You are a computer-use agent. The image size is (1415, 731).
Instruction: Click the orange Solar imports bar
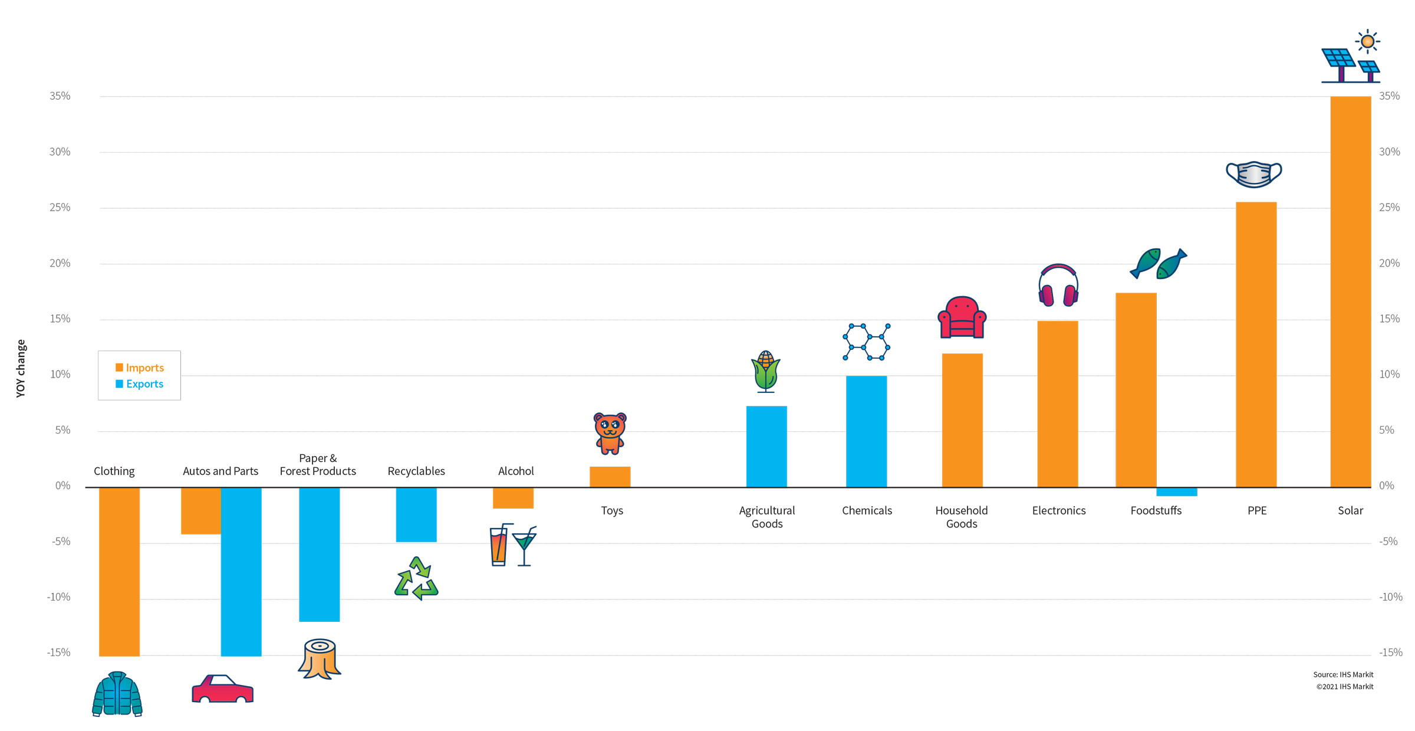point(1350,291)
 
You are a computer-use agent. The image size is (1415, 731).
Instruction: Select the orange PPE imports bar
point(1256,345)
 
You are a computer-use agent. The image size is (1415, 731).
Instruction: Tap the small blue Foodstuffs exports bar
point(1176,492)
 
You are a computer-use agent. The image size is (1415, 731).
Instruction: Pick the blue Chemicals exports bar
point(866,431)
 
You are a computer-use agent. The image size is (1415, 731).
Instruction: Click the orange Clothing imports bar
point(119,571)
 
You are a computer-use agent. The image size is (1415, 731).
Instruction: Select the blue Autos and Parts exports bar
point(241,571)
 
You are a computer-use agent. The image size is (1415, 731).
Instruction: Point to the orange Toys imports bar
point(610,477)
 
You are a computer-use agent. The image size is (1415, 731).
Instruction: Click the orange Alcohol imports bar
point(513,498)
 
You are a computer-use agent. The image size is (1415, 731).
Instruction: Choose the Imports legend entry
point(140,368)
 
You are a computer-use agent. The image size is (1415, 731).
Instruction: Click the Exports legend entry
point(140,384)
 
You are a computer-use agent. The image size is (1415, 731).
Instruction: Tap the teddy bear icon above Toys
point(610,433)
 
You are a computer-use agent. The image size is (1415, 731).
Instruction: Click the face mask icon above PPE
point(1253,174)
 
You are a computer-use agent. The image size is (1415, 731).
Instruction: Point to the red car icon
point(222,689)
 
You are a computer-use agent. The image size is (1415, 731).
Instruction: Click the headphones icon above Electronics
point(1058,286)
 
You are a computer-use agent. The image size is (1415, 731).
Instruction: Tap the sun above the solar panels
point(1367,41)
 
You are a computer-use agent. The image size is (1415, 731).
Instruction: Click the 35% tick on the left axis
point(60,96)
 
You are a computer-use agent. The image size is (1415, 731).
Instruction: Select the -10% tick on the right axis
point(1390,597)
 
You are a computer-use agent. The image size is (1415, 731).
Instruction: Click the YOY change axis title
point(21,368)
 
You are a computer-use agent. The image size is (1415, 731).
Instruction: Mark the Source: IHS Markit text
point(1343,674)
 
